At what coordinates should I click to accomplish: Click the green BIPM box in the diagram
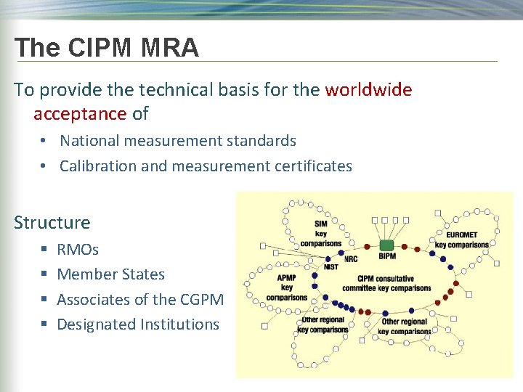tap(387, 245)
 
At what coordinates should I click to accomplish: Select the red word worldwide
tap(368, 90)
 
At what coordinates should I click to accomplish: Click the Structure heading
tap(52, 222)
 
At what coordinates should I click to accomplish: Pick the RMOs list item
tap(78, 249)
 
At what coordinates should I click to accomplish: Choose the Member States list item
tap(110, 274)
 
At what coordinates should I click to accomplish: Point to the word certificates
tap(313, 166)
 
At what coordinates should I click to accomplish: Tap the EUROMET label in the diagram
tap(461, 235)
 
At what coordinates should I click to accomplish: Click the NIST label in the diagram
tap(331, 267)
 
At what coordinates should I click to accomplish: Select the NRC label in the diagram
tap(351, 259)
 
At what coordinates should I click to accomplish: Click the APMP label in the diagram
tap(286, 277)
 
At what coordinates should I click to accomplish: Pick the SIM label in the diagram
tap(320, 224)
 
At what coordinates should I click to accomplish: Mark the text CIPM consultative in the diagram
tap(386, 278)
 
